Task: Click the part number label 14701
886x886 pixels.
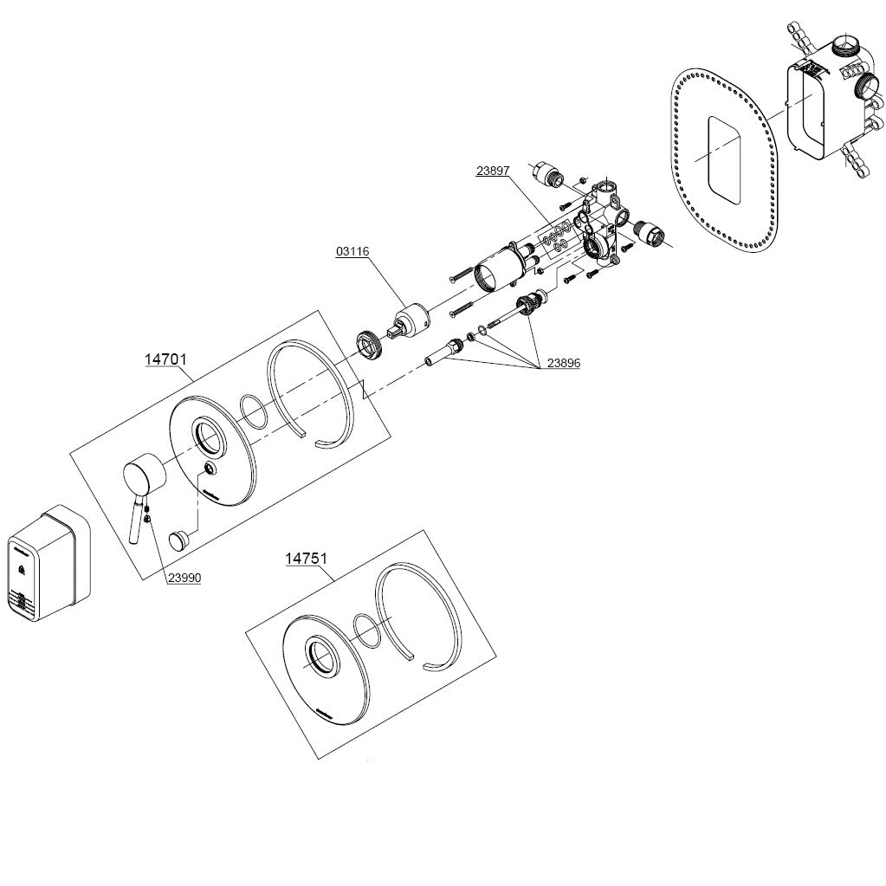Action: click(165, 359)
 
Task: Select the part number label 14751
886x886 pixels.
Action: click(307, 559)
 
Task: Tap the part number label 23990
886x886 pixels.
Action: click(184, 576)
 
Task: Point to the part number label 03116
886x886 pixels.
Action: click(352, 251)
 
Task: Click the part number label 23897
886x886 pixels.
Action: click(492, 171)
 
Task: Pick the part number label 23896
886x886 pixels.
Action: click(563, 364)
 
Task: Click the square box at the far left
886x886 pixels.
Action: click(48, 563)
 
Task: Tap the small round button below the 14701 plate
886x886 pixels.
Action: click(179, 539)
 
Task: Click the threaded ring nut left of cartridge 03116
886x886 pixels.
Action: click(370, 344)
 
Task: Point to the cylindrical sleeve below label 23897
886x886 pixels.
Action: click(498, 269)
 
